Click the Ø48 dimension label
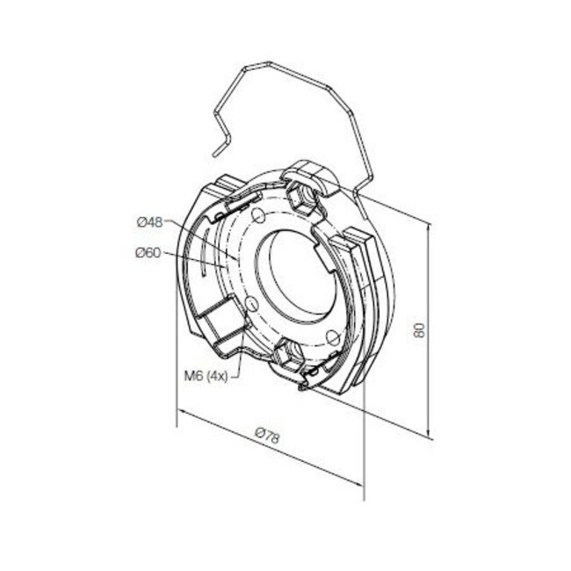pos(150,222)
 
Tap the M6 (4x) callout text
pos(208,375)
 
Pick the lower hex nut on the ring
pos(287,354)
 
